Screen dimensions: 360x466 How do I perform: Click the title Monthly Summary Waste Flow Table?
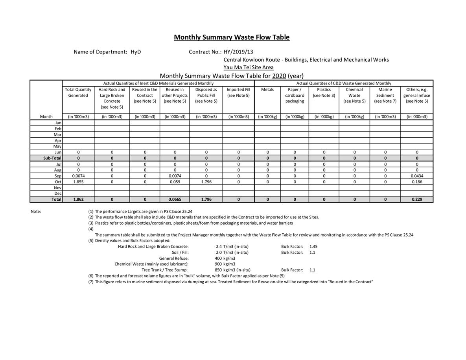232,37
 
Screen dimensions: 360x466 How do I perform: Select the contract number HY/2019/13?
238,52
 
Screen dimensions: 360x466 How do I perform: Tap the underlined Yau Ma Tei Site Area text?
249,67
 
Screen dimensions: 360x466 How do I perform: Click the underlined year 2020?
279,76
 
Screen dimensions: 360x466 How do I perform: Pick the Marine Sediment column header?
385,95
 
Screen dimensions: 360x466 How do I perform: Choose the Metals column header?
267,90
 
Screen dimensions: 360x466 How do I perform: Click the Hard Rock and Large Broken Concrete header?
112,98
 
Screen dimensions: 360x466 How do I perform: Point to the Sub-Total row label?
52,158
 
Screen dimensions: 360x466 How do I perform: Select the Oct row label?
58,182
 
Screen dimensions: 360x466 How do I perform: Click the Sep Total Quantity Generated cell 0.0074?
78,176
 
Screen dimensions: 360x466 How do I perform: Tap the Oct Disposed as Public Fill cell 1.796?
206,182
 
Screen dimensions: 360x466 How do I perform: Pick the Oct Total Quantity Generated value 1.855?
78,182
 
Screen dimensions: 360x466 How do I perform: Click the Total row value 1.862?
78,199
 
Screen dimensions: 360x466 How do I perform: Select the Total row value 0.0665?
175,199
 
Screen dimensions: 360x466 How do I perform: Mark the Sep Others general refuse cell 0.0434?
417,176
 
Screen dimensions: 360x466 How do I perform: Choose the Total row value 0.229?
417,199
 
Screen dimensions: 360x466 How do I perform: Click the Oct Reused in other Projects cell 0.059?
175,182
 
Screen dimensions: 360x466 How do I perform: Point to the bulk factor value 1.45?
313,246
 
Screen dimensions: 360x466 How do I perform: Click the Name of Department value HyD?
136,52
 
